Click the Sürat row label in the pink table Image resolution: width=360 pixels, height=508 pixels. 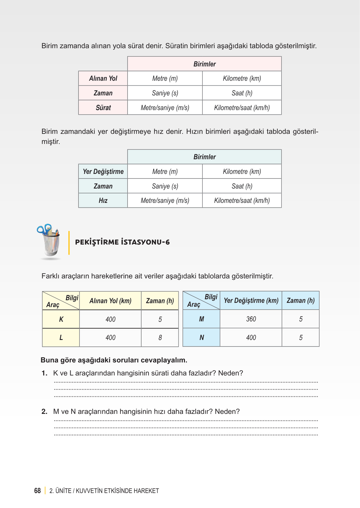pyautogui.click(x=103, y=108)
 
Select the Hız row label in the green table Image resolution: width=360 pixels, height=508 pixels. pyautogui.click(x=103, y=201)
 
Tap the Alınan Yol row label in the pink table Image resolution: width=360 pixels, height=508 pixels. pyautogui.click(x=103, y=78)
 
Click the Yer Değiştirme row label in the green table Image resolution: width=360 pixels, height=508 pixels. pyautogui.click(x=103, y=172)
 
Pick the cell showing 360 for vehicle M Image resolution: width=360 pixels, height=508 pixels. pyautogui.click(x=251, y=319)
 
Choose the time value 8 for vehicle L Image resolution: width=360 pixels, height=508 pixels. pyautogui.click(x=160, y=338)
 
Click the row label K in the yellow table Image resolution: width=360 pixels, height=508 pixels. pyautogui.click(x=61, y=319)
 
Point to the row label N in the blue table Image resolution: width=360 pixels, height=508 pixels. pyautogui.click(x=202, y=338)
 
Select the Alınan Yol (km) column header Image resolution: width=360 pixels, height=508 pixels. pyautogui.click(x=110, y=301)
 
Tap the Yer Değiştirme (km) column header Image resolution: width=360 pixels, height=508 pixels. pyautogui.click(x=251, y=301)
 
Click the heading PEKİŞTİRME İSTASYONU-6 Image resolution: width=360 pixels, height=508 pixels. pyautogui.click(x=122, y=242)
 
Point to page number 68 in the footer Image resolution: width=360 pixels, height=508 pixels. pyautogui.click(x=37, y=491)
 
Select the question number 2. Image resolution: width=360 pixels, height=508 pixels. pyautogui.click(x=44, y=412)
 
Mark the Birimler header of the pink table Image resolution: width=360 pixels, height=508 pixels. pyautogui.click(x=204, y=64)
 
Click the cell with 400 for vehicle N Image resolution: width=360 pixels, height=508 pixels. pyautogui.click(x=251, y=338)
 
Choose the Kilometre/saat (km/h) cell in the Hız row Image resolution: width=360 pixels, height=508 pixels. pyautogui.click(x=242, y=201)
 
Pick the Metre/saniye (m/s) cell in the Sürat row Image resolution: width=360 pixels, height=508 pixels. pyautogui.click(x=165, y=108)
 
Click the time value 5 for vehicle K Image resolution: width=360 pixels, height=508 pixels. pyautogui.click(x=160, y=319)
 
